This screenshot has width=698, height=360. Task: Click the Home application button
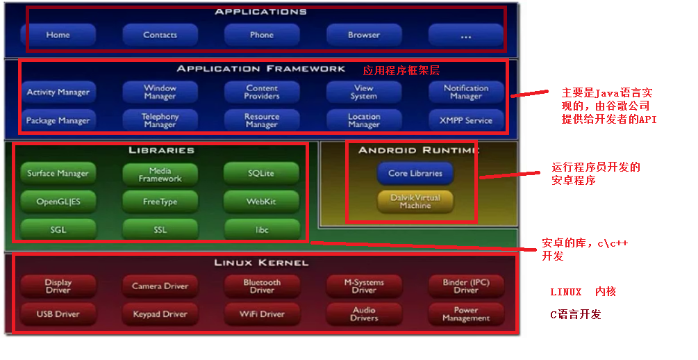(x=58, y=35)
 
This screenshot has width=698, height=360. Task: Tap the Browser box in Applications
(x=364, y=35)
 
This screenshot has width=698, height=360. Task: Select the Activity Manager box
(x=58, y=92)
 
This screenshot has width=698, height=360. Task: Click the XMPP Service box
(x=465, y=120)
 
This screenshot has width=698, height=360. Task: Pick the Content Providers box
(x=262, y=92)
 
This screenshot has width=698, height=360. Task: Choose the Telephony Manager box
(x=160, y=120)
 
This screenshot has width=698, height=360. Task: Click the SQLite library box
(x=262, y=173)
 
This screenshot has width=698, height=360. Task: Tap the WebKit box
(x=262, y=202)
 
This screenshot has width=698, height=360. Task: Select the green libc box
(x=262, y=229)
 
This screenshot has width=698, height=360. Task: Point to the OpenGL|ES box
(x=58, y=202)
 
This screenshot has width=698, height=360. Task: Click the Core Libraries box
(x=415, y=173)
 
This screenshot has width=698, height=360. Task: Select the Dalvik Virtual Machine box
(x=415, y=202)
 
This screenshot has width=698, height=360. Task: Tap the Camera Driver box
(x=160, y=286)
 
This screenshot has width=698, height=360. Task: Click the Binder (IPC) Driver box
(x=465, y=286)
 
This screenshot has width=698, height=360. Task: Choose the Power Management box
(x=465, y=314)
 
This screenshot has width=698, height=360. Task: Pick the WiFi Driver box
(x=262, y=314)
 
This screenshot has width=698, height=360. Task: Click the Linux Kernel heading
(x=261, y=263)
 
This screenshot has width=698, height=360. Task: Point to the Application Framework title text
(x=260, y=69)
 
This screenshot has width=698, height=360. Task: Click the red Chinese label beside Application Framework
(x=401, y=70)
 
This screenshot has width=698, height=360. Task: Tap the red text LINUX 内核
(x=583, y=292)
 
